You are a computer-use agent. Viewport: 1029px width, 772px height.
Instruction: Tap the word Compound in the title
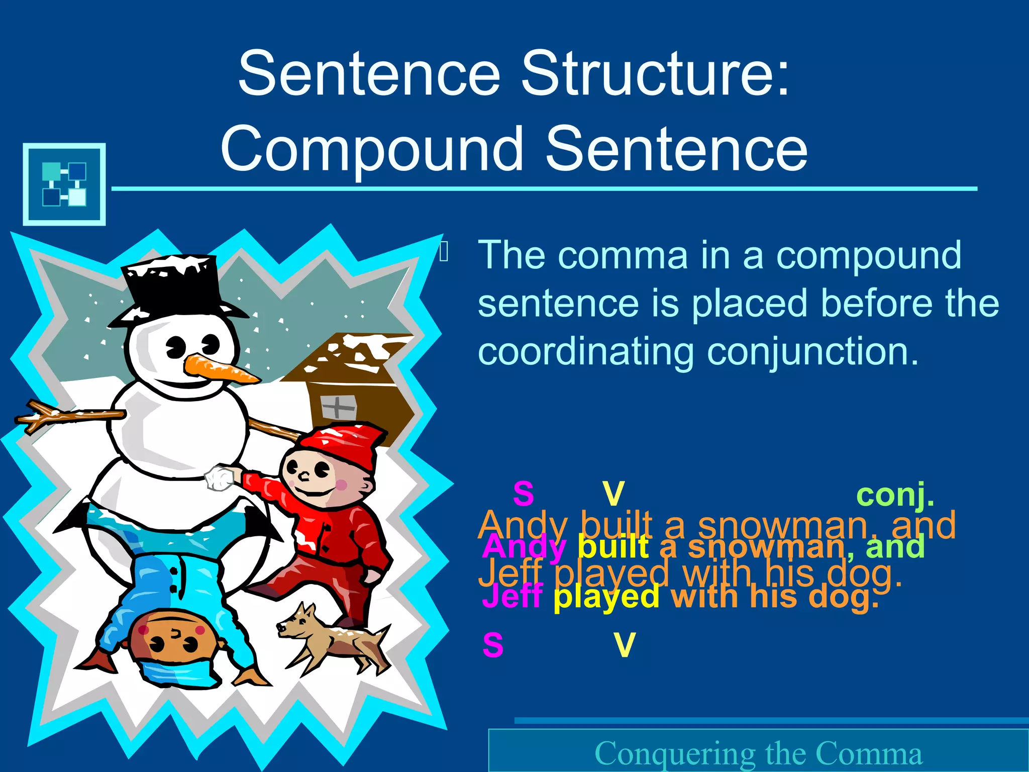pyautogui.click(x=372, y=149)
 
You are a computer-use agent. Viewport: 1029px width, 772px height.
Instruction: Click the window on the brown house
pyautogui.click(x=338, y=407)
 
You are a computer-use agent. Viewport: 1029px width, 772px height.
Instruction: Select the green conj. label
pyautogui.click(x=895, y=495)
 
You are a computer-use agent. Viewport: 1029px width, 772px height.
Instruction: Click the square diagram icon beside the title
pyautogui.click(x=64, y=184)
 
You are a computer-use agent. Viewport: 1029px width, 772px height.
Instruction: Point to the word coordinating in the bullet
pyautogui.click(x=586, y=351)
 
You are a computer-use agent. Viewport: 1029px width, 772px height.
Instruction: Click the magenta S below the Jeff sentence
pyautogui.click(x=493, y=645)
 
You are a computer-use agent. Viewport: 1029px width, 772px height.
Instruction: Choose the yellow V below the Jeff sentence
pyautogui.click(x=625, y=645)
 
